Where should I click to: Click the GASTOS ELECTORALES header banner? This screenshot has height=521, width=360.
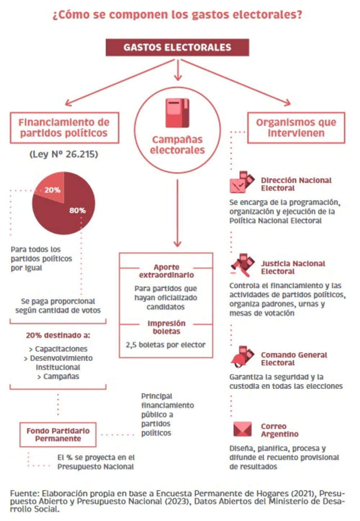[177, 47]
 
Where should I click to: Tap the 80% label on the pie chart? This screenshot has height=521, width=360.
[77, 210]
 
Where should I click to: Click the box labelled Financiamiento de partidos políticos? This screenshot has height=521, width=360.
[64, 128]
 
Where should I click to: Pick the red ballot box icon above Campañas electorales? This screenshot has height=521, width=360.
[177, 113]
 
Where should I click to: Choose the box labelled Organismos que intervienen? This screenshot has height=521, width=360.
[296, 128]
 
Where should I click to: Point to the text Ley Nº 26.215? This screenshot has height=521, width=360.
[64, 154]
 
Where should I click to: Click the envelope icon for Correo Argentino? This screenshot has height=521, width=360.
[242, 429]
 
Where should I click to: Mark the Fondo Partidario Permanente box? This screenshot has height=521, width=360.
[58, 435]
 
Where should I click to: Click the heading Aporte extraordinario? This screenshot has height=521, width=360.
[166, 271]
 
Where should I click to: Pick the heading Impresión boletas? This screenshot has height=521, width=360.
[166, 327]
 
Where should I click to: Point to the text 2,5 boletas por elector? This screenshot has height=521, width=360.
[166, 345]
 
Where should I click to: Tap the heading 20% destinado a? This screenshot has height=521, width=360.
[58, 335]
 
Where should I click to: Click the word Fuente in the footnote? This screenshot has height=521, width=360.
[24, 493]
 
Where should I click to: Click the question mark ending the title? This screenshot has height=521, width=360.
[299, 15]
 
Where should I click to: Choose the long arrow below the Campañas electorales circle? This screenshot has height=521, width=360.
[177, 213]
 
